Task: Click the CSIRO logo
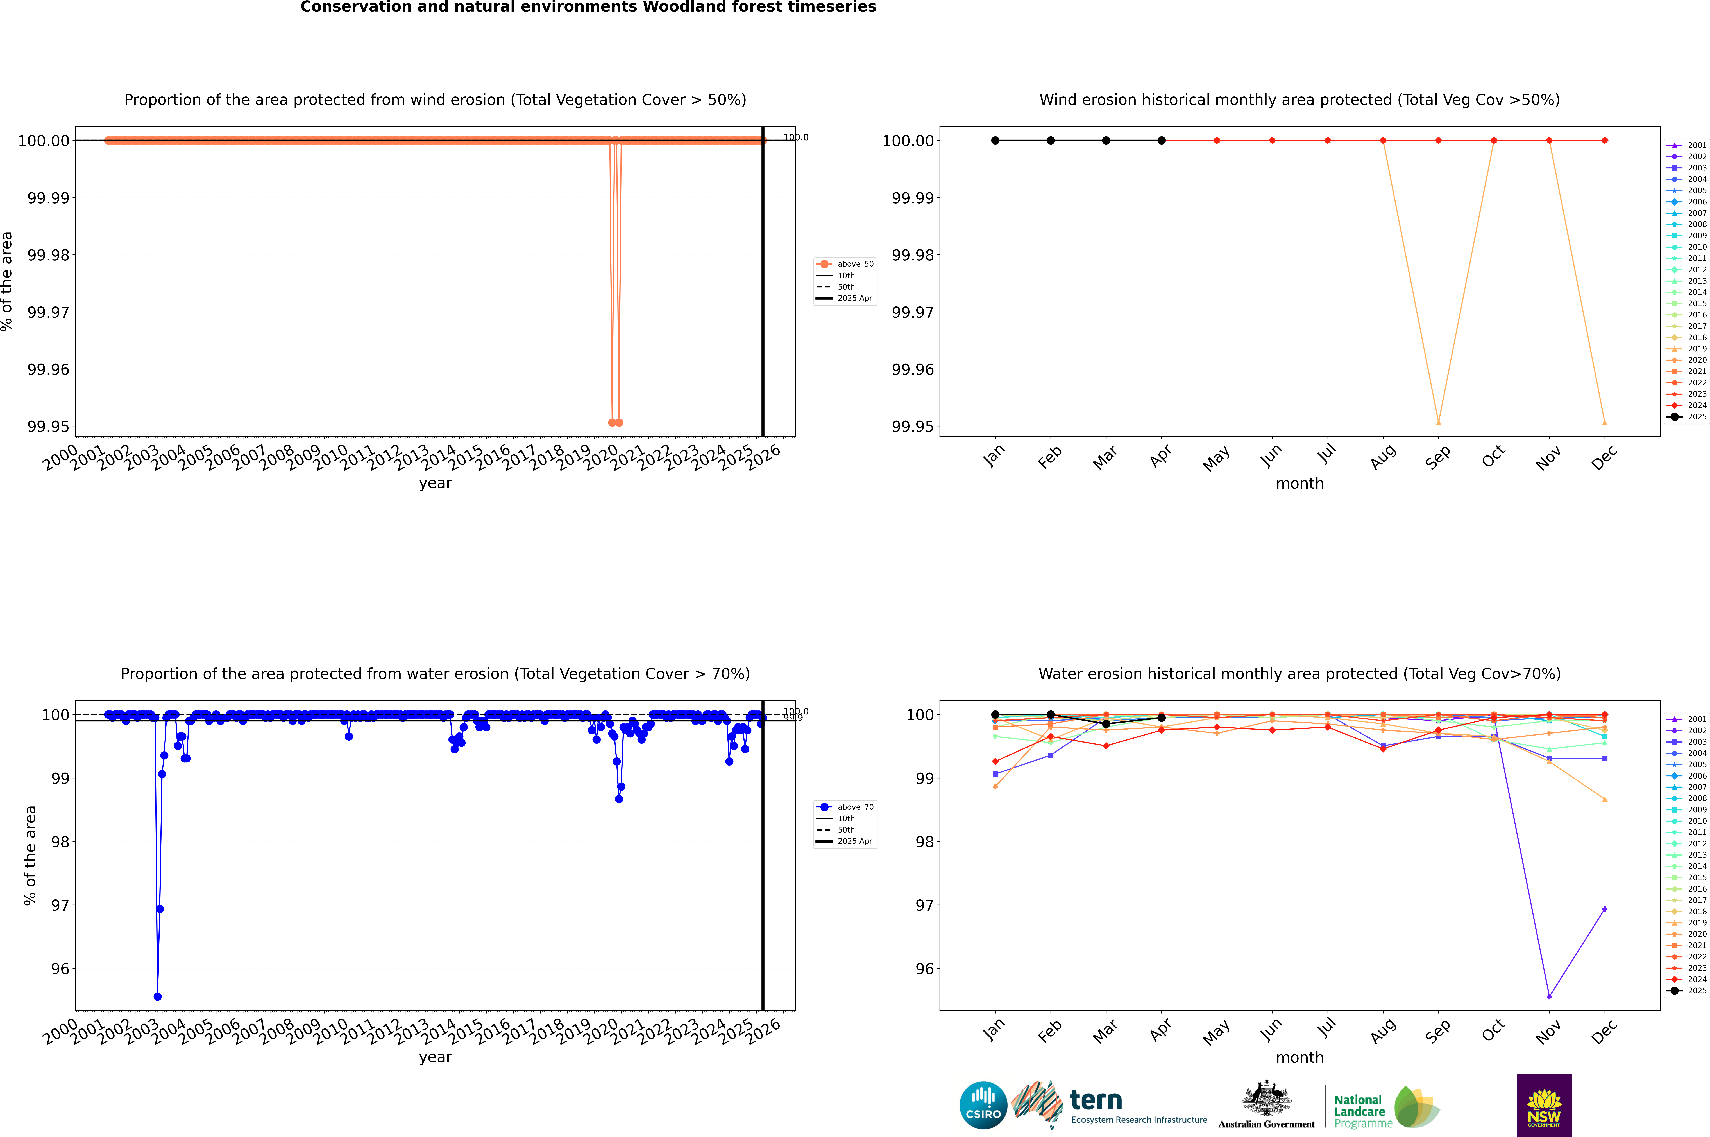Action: point(983,1105)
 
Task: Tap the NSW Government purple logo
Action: point(1544,1105)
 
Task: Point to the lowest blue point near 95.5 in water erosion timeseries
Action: point(157,996)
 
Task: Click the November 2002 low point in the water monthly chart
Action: point(1549,996)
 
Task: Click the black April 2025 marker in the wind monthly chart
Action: point(1161,141)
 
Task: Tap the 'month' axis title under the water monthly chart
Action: point(1299,1057)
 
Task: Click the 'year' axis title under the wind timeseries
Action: point(435,483)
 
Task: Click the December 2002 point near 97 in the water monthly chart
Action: point(1604,909)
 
